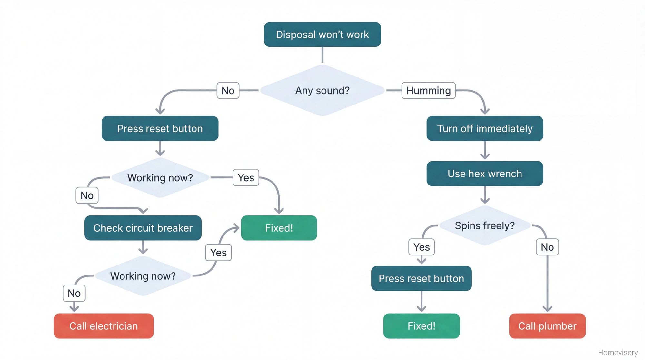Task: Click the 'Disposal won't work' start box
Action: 322,35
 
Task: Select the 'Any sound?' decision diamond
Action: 322,90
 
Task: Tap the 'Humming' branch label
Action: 428,90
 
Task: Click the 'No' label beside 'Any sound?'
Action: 228,90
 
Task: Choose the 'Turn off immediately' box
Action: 484,128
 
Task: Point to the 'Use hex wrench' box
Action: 484,174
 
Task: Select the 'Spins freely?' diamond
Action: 484,225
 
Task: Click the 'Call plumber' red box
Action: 547,326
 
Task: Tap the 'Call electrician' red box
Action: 104,326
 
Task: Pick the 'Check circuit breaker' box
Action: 143,228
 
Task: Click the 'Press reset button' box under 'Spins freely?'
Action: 421,278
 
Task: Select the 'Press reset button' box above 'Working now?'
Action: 160,128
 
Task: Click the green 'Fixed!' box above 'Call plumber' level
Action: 421,326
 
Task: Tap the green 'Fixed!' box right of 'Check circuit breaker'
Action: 279,228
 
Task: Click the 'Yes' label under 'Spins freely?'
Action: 421,247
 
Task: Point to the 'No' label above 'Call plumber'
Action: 547,247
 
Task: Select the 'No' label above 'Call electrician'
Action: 74,293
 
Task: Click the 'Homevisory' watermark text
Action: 617,352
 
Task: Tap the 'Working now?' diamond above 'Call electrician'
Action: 143,276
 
